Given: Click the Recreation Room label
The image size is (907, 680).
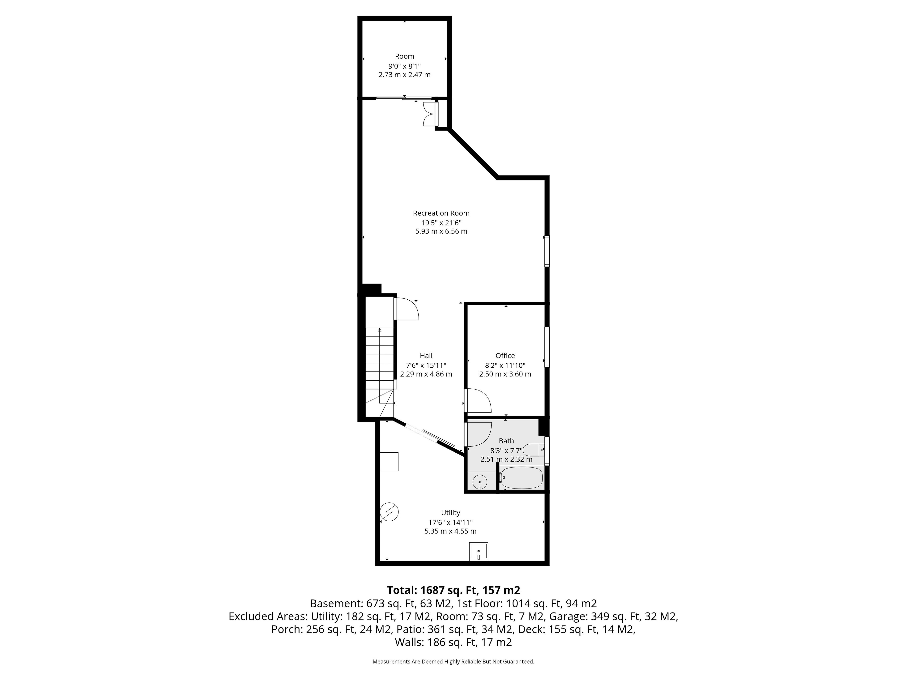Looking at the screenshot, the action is coord(441,213).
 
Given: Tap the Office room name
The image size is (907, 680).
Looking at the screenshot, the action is coord(505,356).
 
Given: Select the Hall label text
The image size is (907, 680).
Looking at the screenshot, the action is coord(426,356).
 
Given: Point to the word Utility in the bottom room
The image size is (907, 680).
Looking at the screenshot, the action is coord(451,513).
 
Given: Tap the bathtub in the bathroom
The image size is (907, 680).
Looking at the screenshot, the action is coord(521,478).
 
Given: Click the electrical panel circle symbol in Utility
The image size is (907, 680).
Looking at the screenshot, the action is coord(389,512).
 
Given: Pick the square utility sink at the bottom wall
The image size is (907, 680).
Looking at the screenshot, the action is coord(479,551).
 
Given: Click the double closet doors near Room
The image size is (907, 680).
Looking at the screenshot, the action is coord(429,114).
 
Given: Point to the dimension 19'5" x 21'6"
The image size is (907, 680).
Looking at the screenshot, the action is coord(441,223).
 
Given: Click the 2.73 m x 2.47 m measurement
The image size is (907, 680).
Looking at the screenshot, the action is coord(404,75).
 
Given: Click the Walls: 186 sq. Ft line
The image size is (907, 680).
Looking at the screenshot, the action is coord(453,642).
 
